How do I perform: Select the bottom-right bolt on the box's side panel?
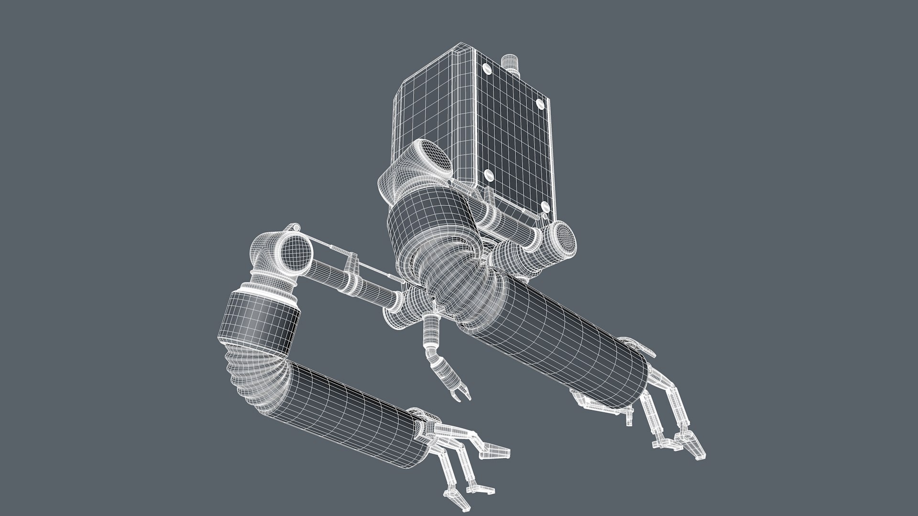[x=545, y=206]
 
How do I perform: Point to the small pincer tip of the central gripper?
[x=460, y=394]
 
